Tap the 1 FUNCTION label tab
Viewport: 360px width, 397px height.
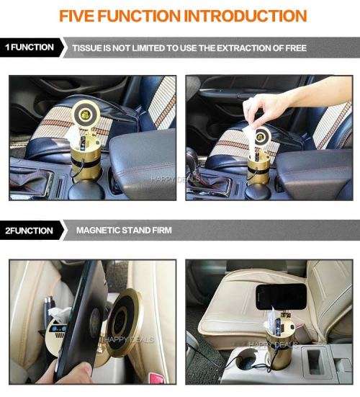(29, 48)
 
